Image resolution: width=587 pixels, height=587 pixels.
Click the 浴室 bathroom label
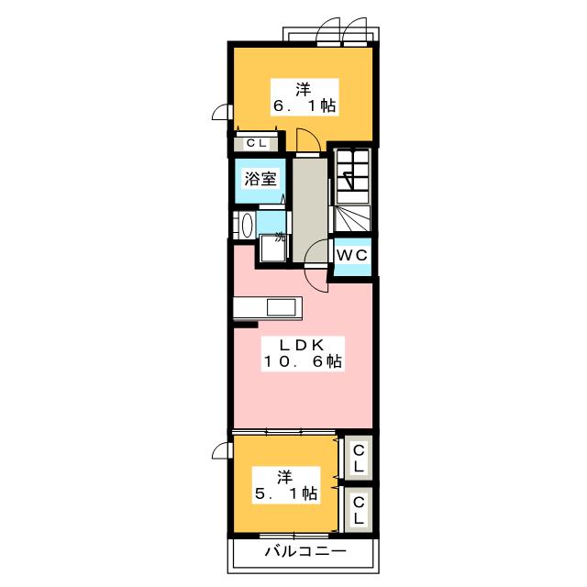pos(260,179)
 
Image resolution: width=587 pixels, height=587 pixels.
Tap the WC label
pos(352,255)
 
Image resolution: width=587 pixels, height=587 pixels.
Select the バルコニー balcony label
pos(305,551)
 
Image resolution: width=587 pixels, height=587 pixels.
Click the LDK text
pos(302,345)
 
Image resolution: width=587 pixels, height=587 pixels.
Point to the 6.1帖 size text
pos(305,106)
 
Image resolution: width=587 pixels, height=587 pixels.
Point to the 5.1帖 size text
pos(286,493)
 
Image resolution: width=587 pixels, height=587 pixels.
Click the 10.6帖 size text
pos(303,361)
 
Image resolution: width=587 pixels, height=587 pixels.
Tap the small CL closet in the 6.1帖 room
pos(256,143)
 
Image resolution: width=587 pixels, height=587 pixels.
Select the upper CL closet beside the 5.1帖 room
pos(359,458)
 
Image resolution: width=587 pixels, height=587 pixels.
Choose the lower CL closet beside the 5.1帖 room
pos(359,510)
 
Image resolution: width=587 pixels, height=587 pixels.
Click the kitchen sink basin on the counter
pos(282,308)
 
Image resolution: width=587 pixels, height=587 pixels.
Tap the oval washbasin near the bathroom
pos(247,226)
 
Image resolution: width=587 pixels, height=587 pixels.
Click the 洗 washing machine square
pos(272,248)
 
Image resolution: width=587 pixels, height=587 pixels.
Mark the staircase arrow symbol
pos(349,181)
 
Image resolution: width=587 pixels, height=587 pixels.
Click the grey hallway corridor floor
pos(310,210)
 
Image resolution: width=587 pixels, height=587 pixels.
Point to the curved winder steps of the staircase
pos(351,218)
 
